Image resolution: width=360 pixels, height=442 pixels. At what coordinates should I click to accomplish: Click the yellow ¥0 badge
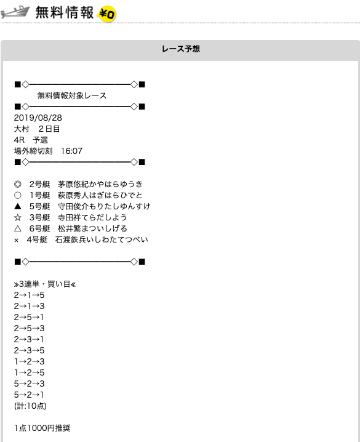tap(106, 14)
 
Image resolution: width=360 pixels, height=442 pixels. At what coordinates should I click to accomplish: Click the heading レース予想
tap(181, 49)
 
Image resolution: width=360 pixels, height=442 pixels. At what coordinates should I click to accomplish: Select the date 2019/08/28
tap(38, 118)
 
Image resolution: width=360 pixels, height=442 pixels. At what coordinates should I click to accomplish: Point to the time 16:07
tap(71, 151)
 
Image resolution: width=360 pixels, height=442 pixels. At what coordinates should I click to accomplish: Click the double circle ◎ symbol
tap(17, 184)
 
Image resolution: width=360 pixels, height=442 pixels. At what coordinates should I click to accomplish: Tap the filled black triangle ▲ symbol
tap(17, 206)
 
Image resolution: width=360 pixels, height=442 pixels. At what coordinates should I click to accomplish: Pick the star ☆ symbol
tap(17, 218)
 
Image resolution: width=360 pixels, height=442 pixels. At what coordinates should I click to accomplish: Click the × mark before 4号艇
tap(17, 240)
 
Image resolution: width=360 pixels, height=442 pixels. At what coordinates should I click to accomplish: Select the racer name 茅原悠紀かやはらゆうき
tap(100, 184)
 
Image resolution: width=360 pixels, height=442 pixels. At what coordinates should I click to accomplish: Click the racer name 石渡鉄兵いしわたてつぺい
tap(102, 239)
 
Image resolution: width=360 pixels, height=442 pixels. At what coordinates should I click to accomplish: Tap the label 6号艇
tap(40, 228)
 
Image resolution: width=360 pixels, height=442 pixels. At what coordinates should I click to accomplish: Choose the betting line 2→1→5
tap(30, 295)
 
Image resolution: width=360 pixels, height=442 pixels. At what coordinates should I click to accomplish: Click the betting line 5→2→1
tap(29, 395)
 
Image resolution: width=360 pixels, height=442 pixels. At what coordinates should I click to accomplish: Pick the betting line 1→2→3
tap(30, 361)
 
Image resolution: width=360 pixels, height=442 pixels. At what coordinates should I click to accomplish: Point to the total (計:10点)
tap(30, 406)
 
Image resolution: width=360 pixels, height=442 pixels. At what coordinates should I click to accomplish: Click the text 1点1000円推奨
tap(42, 428)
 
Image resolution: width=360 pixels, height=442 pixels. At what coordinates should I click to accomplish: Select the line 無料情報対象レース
tap(72, 95)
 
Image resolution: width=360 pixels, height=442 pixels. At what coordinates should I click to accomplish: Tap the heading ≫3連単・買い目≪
tap(45, 284)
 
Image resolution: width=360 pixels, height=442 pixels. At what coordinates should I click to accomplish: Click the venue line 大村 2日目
tap(37, 129)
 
